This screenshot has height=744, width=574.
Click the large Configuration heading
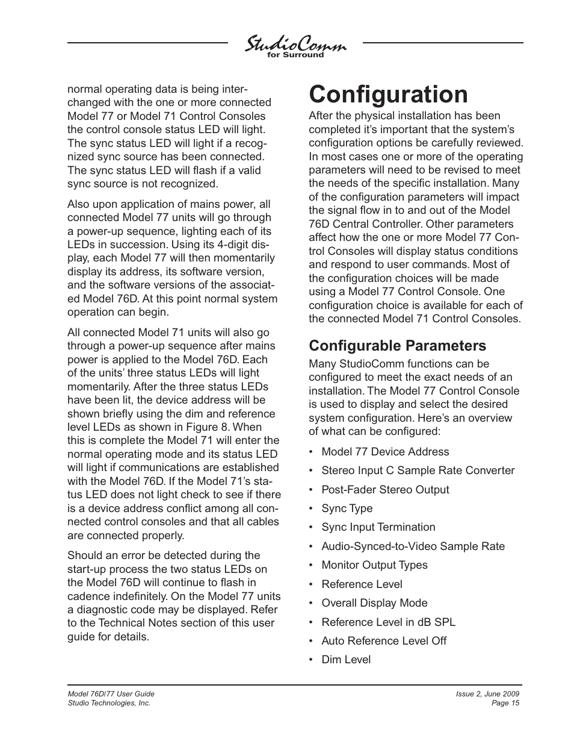[387, 95]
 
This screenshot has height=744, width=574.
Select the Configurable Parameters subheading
[397, 345]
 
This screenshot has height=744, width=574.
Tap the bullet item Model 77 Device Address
[385, 452]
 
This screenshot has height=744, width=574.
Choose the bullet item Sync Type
[347, 508]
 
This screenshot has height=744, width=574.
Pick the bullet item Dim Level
[346, 660]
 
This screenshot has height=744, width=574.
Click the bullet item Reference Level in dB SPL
[388, 622]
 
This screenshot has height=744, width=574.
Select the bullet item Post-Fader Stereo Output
[385, 490]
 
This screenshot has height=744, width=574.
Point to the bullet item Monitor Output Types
[374, 565]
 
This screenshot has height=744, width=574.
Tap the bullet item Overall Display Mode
[374, 603]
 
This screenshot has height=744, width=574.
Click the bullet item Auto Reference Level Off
[384, 641]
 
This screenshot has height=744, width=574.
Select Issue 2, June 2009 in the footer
[487, 694]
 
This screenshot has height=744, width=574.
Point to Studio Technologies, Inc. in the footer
[109, 703]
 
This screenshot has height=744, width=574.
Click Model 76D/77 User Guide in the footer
[111, 694]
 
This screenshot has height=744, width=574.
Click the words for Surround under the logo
[295, 55]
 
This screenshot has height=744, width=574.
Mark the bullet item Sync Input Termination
[378, 527]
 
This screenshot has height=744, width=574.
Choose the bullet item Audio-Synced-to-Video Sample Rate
[413, 546]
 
